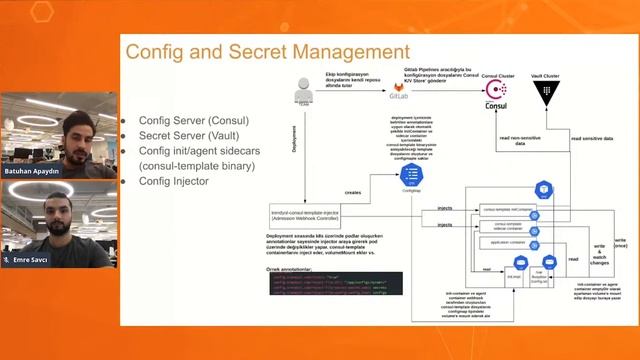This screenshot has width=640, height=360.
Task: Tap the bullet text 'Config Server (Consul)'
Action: tap(194, 121)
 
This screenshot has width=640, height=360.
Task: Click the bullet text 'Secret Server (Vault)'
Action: tap(189, 136)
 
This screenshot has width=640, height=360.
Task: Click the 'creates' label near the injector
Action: tap(354, 192)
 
